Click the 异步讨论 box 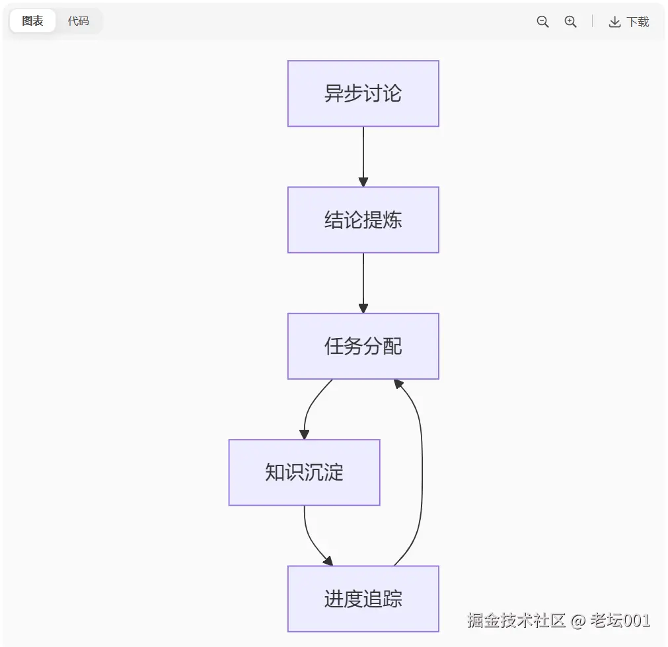pos(363,93)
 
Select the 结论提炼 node pos(363,220)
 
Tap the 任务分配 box pos(363,346)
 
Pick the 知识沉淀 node pos(304,473)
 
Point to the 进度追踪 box pos(363,599)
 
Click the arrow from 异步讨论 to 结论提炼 pos(363,155)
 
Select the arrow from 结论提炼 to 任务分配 pos(363,281)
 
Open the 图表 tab pos(32,21)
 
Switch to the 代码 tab pos(78,21)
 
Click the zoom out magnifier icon pos(542,22)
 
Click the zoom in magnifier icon pos(570,22)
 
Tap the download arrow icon pos(614,22)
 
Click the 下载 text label pos(638,22)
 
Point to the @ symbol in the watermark pos(577,621)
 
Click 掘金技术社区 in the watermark pos(516,621)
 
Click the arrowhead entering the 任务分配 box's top pos(363,308)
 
